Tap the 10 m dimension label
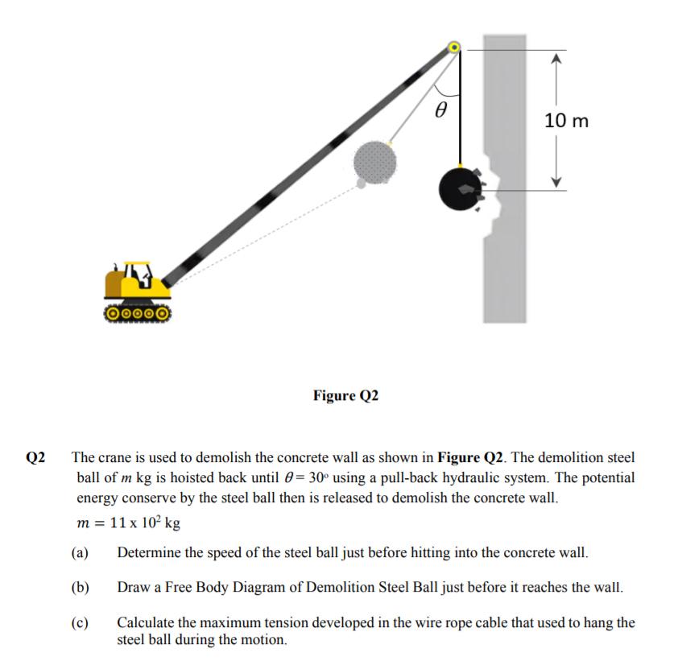(566, 121)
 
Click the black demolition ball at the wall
(460, 189)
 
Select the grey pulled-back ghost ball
(375, 162)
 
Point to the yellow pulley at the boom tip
(455, 48)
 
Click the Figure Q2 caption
(345, 395)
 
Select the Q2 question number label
(36, 457)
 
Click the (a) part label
(79, 552)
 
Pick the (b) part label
(79, 586)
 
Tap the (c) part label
(79, 622)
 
